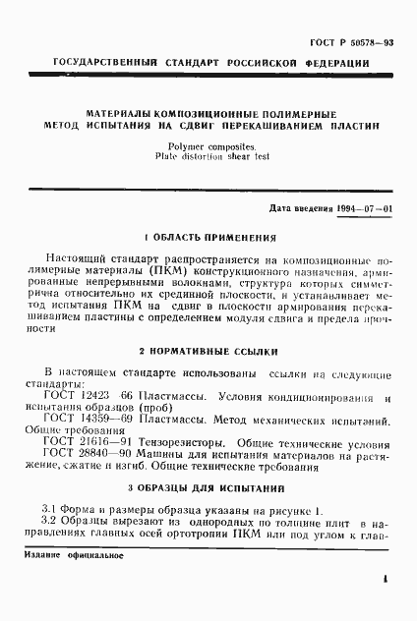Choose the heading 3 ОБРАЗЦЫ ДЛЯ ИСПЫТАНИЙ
tap(208, 488)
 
